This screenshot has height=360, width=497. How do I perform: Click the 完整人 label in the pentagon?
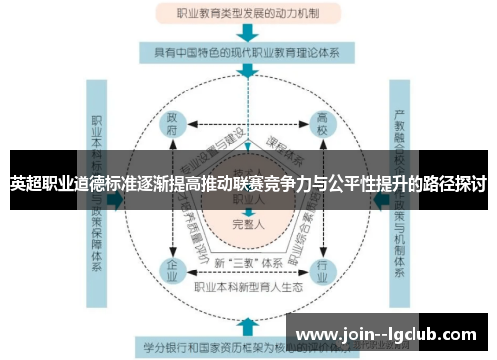coord(247,223)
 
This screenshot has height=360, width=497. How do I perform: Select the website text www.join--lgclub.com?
coord(390,333)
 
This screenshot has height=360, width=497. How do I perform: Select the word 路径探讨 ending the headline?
coord(453,184)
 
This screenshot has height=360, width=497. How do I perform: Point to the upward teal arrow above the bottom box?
coord(246,324)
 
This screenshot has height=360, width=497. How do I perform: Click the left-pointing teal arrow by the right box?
coord(377,199)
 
